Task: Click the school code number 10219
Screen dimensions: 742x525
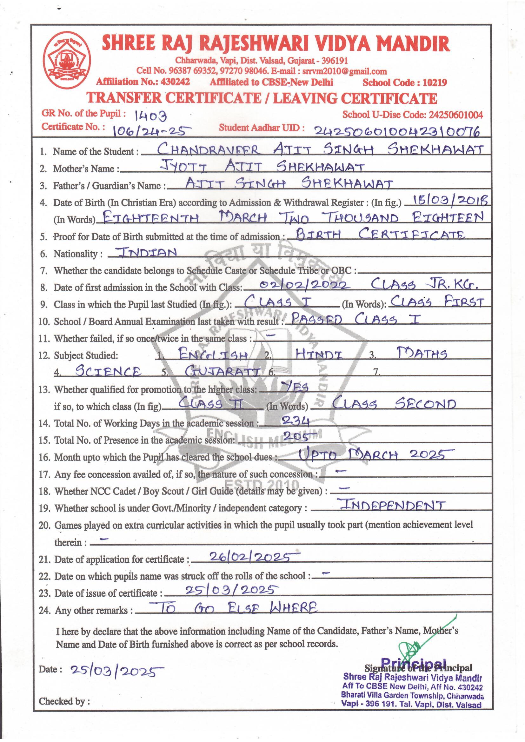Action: point(435,83)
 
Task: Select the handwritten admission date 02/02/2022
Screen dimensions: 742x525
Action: point(304,285)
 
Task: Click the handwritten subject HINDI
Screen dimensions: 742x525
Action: point(319,355)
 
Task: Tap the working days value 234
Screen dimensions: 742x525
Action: point(296,421)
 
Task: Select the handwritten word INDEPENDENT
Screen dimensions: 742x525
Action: point(391,505)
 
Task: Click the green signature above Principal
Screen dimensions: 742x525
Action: point(420,641)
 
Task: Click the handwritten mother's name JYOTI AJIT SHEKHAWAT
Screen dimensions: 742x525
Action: point(262,167)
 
